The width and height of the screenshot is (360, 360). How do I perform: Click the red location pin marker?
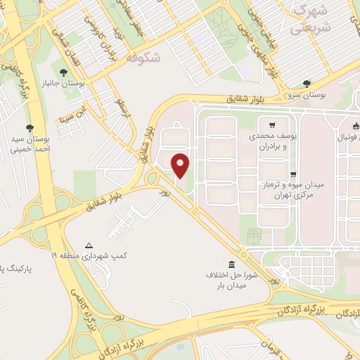(x=181, y=166)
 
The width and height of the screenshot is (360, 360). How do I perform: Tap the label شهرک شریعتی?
(x=310, y=20)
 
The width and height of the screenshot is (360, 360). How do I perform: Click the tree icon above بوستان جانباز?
(x=63, y=72)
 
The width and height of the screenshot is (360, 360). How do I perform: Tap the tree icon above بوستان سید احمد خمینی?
(x=30, y=127)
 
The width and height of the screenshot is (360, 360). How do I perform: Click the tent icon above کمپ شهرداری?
(x=89, y=245)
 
